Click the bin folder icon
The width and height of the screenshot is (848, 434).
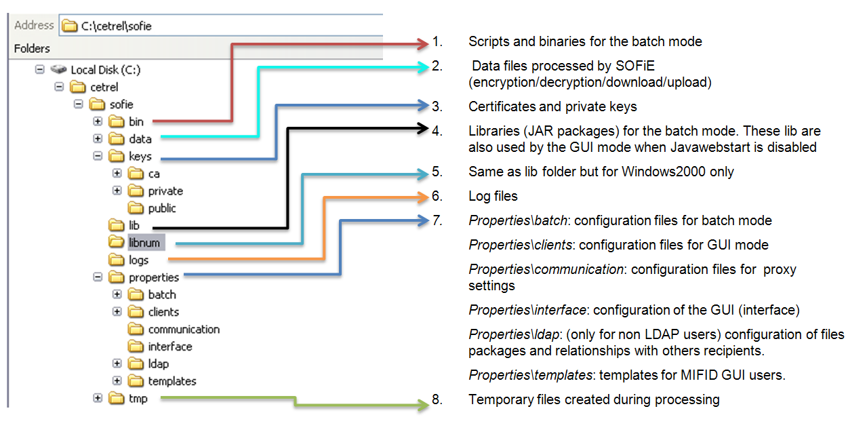coord(117,122)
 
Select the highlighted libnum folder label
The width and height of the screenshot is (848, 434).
coord(146,242)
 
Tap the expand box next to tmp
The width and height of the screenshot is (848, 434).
coord(98,398)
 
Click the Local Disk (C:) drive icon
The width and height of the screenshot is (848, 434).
coord(59,70)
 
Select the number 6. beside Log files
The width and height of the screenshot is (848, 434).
coord(437,197)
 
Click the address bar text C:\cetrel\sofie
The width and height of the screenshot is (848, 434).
coord(117,26)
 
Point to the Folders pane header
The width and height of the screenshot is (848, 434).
coord(32,49)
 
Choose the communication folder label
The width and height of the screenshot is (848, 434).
coord(184,330)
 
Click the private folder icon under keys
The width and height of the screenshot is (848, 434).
coord(136,191)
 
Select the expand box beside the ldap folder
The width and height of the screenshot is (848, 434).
coord(117,363)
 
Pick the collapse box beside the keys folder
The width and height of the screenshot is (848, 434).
coord(98,156)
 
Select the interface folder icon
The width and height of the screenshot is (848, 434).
coord(136,347)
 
